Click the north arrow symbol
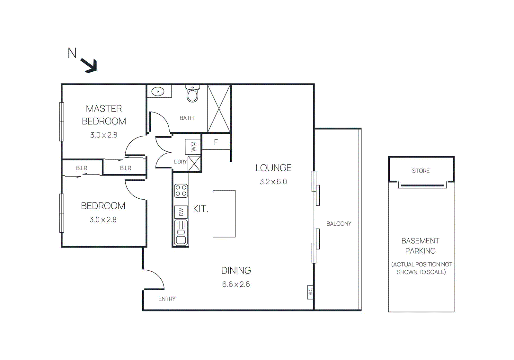(89, 66)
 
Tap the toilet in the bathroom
(192, 94)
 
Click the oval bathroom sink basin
(158, 92)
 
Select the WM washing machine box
(193, 147)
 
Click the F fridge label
(216, 142)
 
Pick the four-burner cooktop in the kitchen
(181, 191)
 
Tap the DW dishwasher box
(181, 212)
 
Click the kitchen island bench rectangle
(224, 214)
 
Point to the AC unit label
(310, 292)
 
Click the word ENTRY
(167, 299)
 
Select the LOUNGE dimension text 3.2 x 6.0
(273, 182)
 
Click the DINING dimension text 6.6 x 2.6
(236, 284)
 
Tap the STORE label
(421, 171)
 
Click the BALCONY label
(339, 224)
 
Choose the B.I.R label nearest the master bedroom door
(125, 168)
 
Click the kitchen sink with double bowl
(181, 232)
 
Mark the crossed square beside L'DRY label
(194, 164)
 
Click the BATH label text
(187, 118)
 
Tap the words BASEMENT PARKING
(420, 246)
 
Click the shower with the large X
(219, 109)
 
